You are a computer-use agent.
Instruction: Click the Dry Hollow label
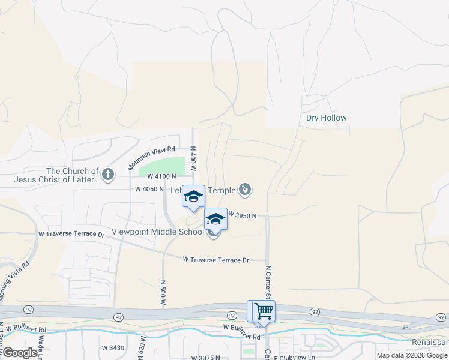[x=326, y=118]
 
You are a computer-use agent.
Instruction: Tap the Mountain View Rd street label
[x=151, y=157]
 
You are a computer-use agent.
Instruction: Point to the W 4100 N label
[x=161, y=176]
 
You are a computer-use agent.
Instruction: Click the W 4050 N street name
[x=149, y=189]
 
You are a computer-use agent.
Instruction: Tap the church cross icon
[x=108, y=175]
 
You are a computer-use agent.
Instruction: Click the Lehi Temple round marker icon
[x=245, y=191]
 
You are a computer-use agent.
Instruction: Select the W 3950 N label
[x=242, y=215]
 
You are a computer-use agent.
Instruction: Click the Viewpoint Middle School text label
[x=158, y=232]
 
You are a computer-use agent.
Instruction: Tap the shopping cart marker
[x=264, y=311]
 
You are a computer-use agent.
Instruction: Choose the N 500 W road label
[x=163, y=293]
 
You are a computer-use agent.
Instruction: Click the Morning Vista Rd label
[x=14, y=282]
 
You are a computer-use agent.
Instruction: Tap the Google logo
[x=19, y=353]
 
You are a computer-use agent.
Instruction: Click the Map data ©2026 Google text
[x=412, y=355]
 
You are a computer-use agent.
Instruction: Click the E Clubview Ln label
[x=294, y=358]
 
